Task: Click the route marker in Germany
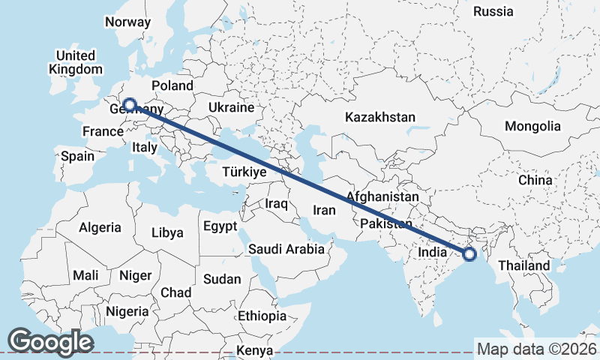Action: point(130,105)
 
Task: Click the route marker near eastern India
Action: point(469,254)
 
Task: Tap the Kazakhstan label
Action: point(380,117)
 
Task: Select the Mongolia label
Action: point(532,126)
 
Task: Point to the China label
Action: point(535,180)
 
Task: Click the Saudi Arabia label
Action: point(286,249)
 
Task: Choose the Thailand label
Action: point(523,265)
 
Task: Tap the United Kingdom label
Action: point(75,62)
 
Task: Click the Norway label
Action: point(127,22)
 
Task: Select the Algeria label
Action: point(100,227)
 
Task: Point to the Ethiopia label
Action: point(262,316)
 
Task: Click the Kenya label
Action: point(254,350)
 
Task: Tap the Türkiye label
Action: point(244,172)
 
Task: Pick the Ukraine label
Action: point(232,107)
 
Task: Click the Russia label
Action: point(493,11)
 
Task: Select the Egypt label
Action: point(220,226)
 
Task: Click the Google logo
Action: point(51,341)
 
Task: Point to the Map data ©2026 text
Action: point(536,349)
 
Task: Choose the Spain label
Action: point(78,156)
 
